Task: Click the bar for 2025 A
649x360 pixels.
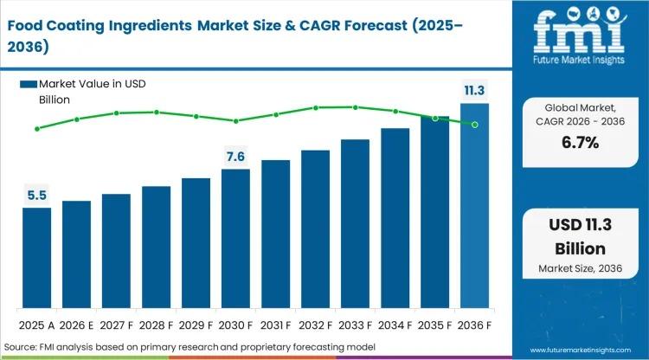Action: coord(36,259)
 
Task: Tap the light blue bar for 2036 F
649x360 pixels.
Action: coord(474,207)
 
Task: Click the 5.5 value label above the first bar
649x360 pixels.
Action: coord(36,196)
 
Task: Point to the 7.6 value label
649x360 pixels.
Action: coord(235,157)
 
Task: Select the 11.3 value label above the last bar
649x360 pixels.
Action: coord(474,90)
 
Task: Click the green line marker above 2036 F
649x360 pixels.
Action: coord(474,125)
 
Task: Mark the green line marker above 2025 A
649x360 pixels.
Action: coord(36,129)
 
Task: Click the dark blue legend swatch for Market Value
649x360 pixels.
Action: coord(29,84)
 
